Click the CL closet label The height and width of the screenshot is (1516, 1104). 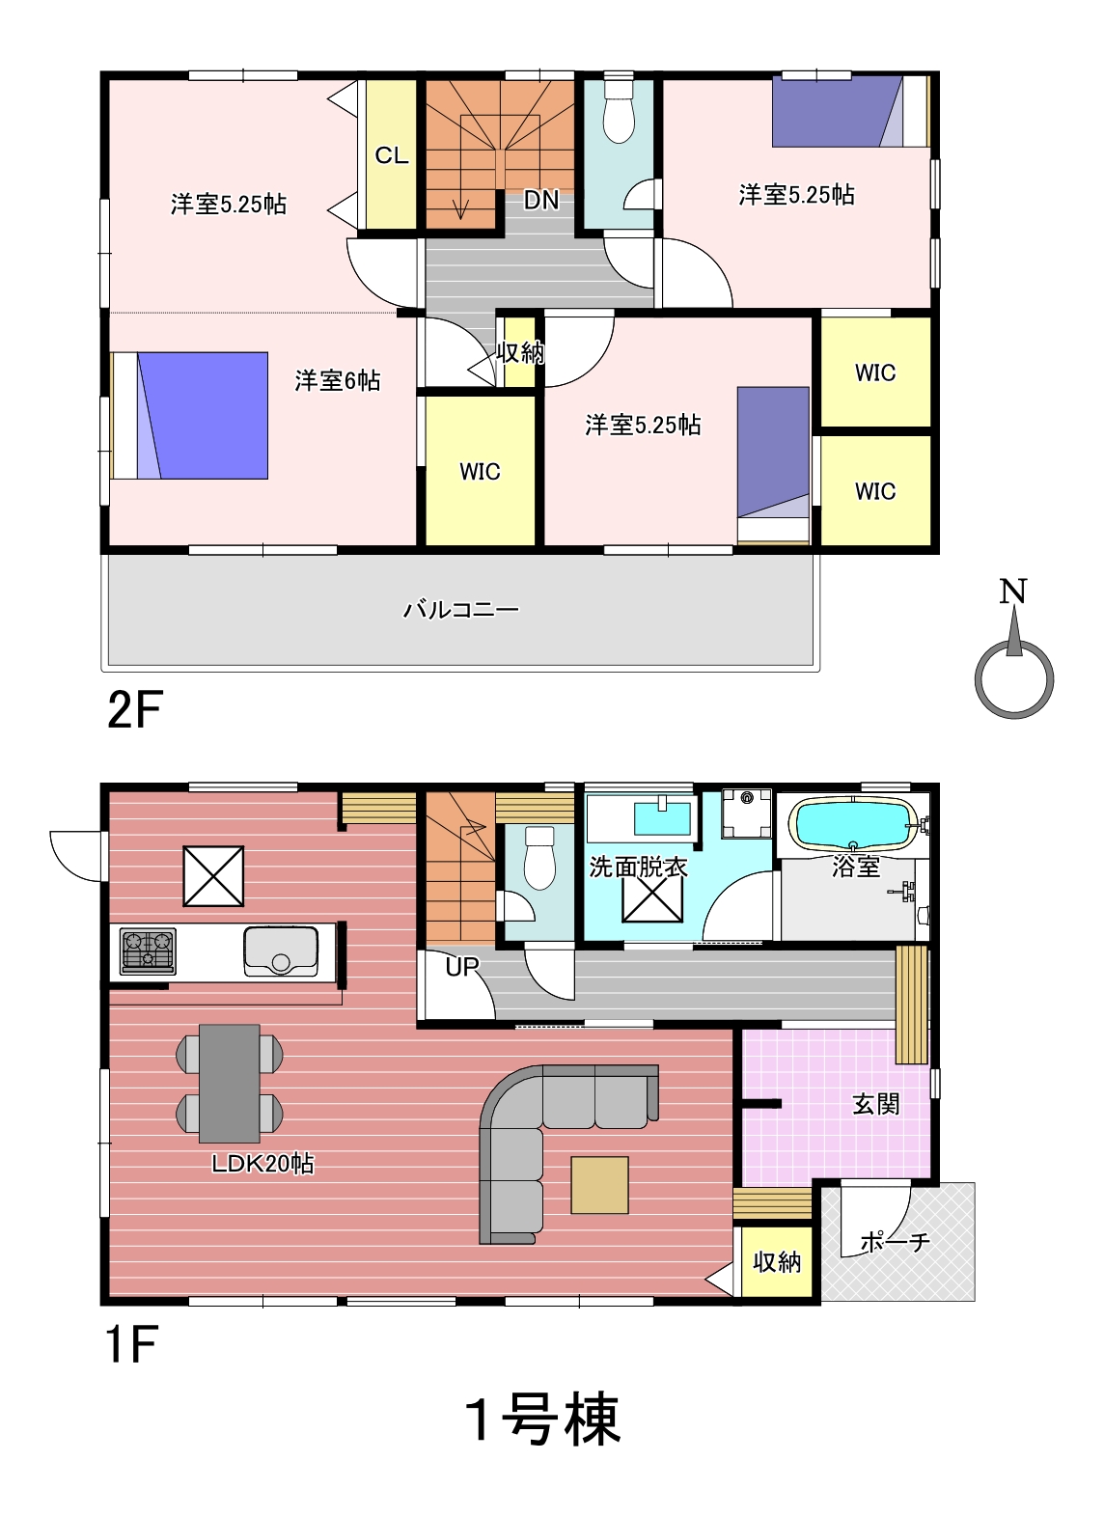tap(391, 155)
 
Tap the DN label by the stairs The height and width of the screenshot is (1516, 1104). tap(541, 200)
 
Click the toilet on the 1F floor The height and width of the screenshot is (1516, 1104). tap(539, 857)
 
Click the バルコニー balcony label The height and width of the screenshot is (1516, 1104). tap(461, 610)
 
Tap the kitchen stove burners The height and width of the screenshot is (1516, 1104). tap(148, 951)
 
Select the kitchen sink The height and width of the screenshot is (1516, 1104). tap(280, 951)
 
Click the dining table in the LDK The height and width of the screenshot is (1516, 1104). tap(230, 1084)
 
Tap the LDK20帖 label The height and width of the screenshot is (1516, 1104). tap(262, 1164)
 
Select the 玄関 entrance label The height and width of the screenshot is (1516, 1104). tap(876, 1105)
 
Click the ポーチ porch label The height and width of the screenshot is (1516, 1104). tap(895, 1242)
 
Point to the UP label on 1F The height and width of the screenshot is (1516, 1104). tap(462, 967)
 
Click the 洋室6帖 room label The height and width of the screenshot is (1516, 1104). tap(337, 380)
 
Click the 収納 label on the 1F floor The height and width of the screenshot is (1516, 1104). tap(777, 1261)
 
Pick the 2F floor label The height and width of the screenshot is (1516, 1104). tap(135, 710)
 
